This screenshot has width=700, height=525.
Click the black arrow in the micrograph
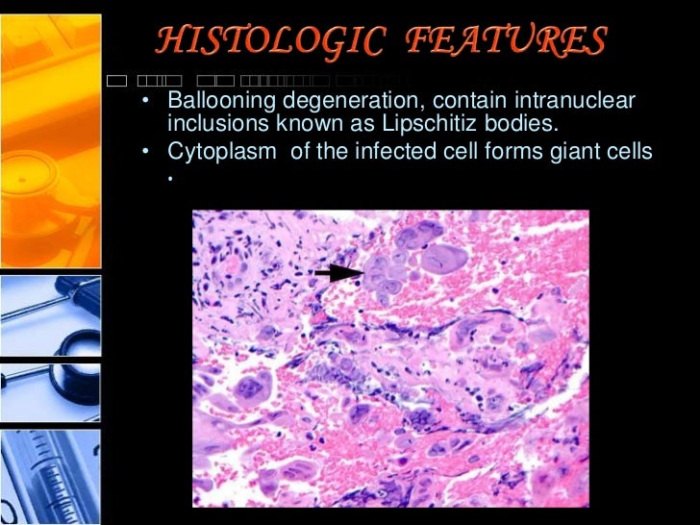coord(337,273)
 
